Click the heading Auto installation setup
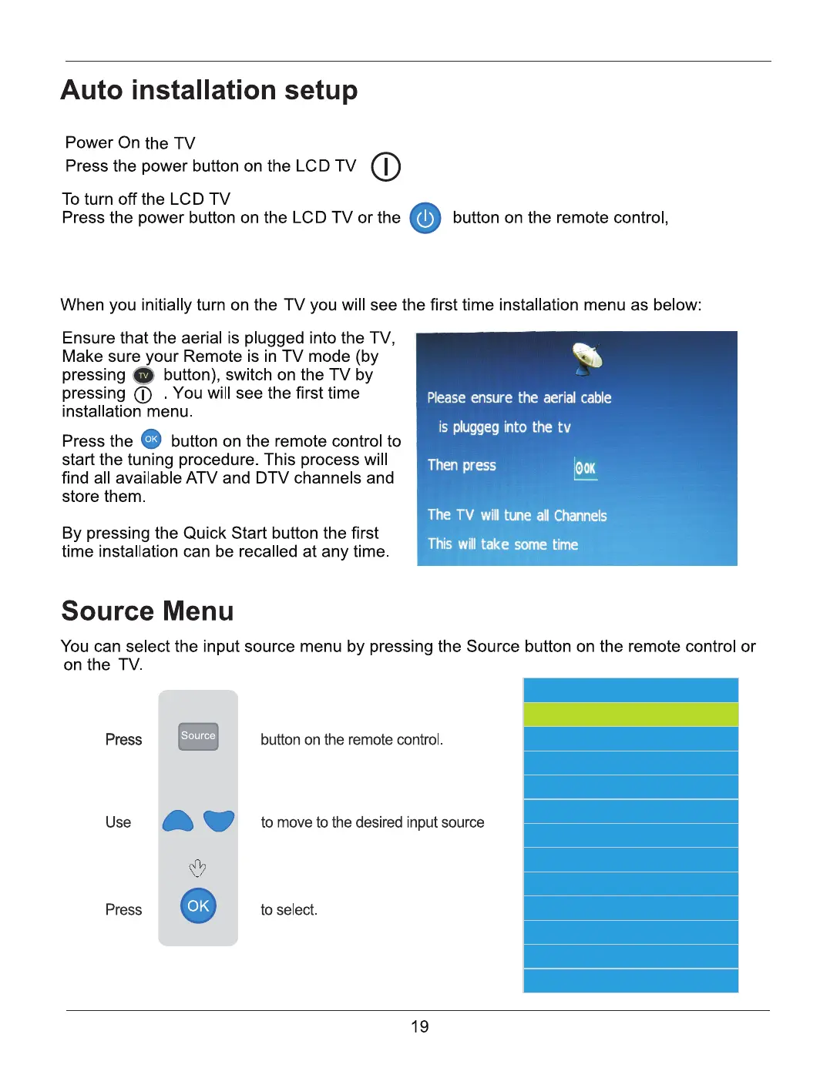click(x=209, y=90)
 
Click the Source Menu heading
click(x=147, y=611)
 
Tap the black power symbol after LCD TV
click(x=385, y=166)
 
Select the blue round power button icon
click(x=425, y=219)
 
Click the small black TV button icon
click(x=143, y=376)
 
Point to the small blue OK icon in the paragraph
click(x=152, y=440)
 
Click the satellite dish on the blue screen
click(x=587, y=356)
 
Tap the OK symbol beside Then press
click(x=586, y=467)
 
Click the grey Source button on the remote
click(x=198, y=736)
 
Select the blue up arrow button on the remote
click(x=178, y=822)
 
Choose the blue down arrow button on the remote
click(x=219, y=821)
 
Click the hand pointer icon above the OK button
click(x=197, y=868)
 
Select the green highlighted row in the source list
click(x=630, y=715)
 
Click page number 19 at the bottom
click(x=419, y=1026)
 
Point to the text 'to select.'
click(x=289, y=910)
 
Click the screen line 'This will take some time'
click(x=502, y=544)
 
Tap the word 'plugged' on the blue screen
click(x=475, y=427)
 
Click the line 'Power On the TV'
click(x=130, y=143)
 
